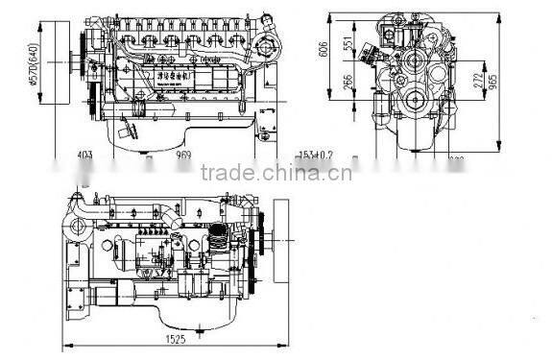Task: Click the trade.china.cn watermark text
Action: click(276, 174)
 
